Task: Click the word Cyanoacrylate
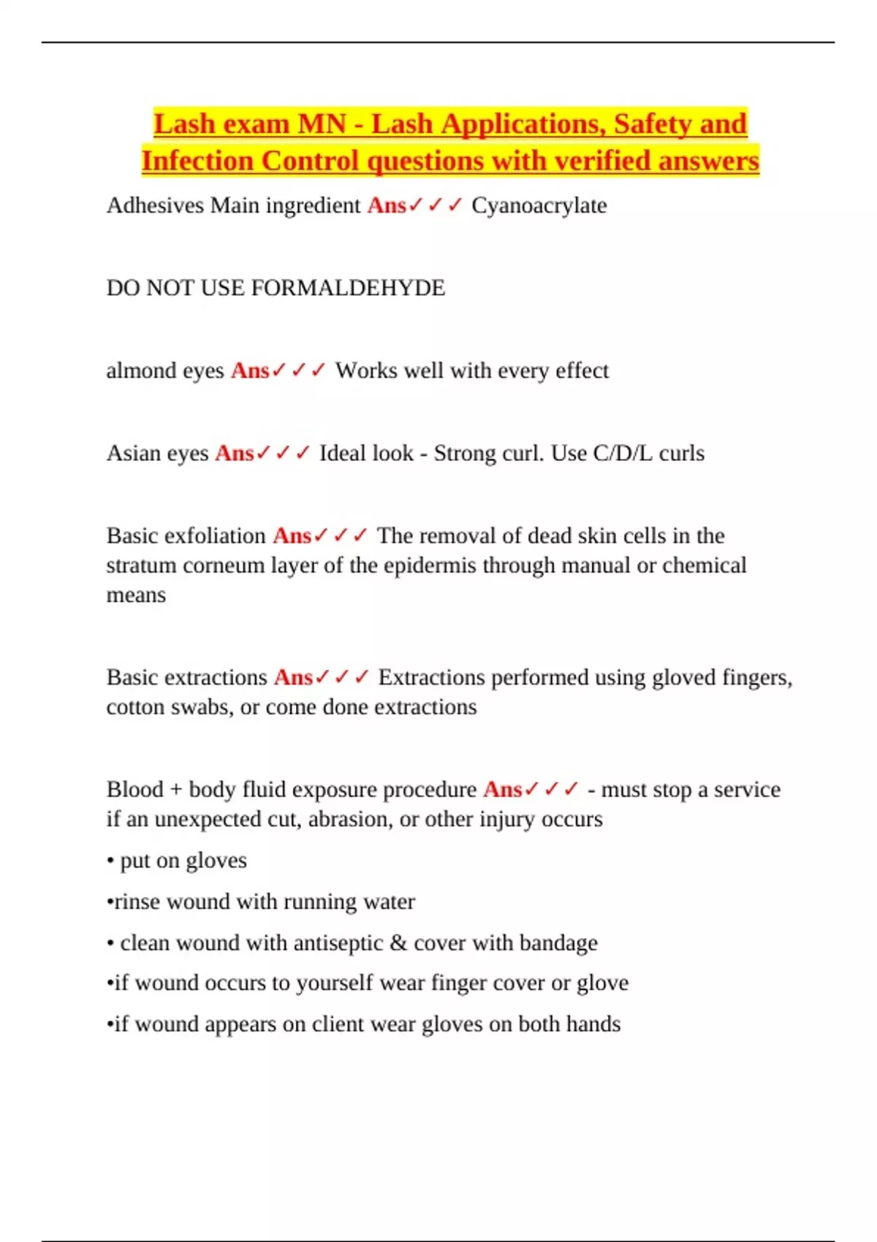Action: click(539, 206)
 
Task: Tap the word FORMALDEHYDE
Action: click(348, 288)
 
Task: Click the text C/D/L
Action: click(623, 453)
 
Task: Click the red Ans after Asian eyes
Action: click(234, 453)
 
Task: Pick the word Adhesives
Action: click(155, 206)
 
